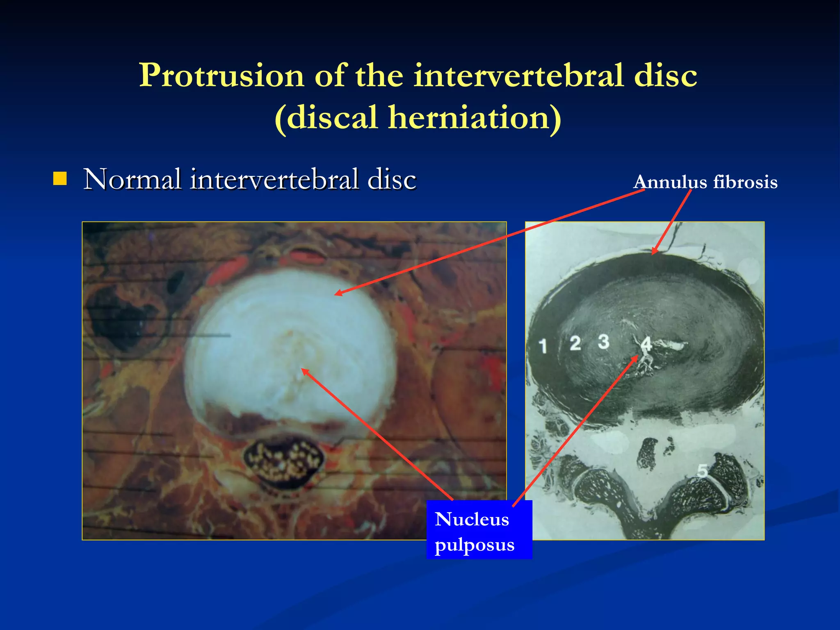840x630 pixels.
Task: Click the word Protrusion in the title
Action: coord(221,76)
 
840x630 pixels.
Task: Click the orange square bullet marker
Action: coord(60,179)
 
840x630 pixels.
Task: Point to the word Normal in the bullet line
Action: coord(132,180)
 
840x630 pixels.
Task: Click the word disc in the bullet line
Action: coord(392,180)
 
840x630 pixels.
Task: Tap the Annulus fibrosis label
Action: coord(705,182)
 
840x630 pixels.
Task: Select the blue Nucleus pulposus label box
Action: coord(479,530)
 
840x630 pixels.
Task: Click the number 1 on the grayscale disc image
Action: coord(543,346)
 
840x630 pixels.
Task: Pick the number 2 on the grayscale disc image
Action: coord(575,343)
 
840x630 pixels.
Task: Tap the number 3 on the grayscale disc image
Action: coord(603,341)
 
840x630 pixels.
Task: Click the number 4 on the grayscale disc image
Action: coord(646,344)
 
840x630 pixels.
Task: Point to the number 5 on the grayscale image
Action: coord(702,470)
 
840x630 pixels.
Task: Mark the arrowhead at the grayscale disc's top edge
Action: coord(654,252)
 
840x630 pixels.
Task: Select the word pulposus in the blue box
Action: coord(475,545)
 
